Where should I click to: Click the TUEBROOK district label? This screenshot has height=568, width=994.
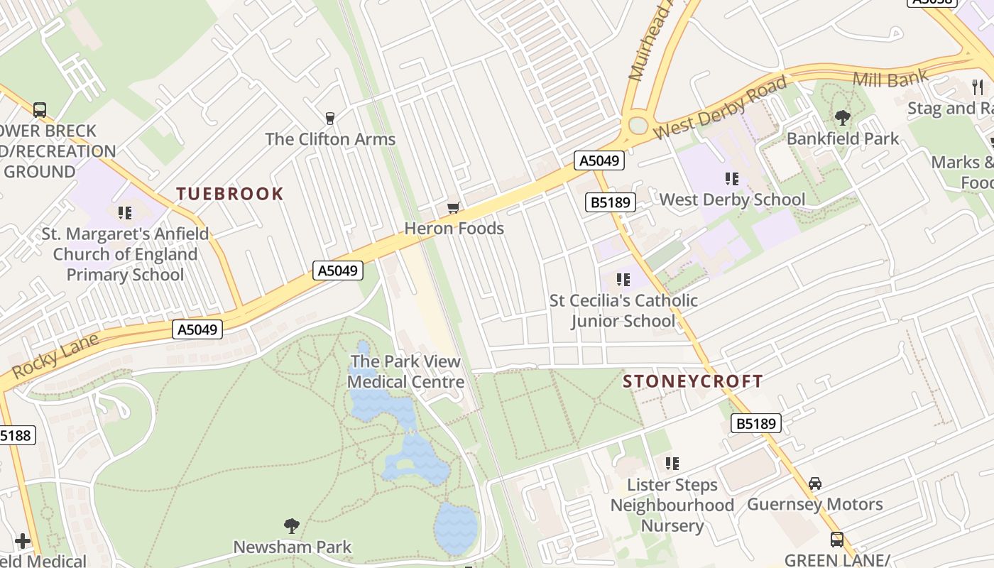click(x=229, y=194)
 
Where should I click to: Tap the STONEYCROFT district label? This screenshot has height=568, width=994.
click(x=692, y=381)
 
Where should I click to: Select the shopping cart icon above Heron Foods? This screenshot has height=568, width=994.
click(x=453, y=208)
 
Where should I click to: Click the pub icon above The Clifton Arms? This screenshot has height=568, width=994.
click(x=329, y=118)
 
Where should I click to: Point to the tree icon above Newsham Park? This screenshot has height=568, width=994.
click(x=292, y=526)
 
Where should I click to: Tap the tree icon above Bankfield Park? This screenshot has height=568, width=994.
click(x=843, y=118)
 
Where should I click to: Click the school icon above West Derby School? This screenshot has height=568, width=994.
click(x=732, y=179)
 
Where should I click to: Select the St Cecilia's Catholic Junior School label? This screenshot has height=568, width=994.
click(x=623, y=311)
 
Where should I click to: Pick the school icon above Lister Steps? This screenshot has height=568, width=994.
click(x=672, y=464)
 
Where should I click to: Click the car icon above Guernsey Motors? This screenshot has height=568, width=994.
click(x=815, y=484)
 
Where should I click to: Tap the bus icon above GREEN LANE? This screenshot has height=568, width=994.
click(x=837, y=540)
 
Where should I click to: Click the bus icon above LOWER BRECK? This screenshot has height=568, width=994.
click(x=40, y=110)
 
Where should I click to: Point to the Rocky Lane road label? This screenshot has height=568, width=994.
click(x=55, y=356)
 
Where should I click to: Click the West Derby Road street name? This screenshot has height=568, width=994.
click(x=720, y=108)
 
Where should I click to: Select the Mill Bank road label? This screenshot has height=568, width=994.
click(x=890, y=79)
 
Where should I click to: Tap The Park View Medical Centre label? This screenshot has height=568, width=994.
click(x=405, y=371)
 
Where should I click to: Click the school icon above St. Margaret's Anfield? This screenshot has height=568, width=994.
click(x=125, y=212)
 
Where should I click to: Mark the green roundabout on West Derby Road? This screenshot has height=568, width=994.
click(x=638, y=126)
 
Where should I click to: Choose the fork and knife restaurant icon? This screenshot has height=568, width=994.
click(x=978, y=87)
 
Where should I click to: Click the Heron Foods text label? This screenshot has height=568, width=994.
click(x=454, y=229)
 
